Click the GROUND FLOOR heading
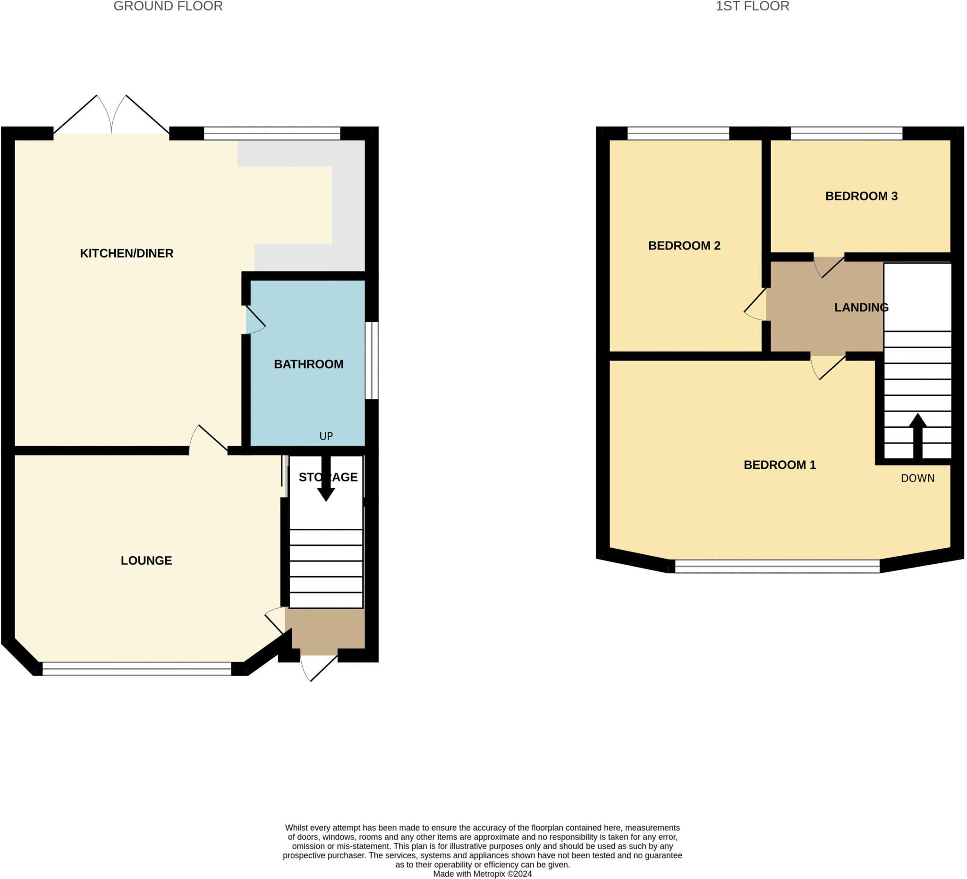168,6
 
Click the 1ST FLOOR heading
752,6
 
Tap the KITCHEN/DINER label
127,253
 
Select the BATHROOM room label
308,364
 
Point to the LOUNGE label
146,560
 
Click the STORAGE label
328,477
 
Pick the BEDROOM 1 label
780,465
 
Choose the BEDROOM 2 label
684,246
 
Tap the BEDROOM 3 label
861,196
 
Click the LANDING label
861,307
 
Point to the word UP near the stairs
326,436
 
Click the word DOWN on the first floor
917,478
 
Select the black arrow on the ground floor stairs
326,480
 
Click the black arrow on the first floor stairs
917,434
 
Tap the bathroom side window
372,361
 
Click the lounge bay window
137,669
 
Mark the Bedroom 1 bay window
777,567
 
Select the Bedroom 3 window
846,133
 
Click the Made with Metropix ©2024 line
482,874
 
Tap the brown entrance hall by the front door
326,631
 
